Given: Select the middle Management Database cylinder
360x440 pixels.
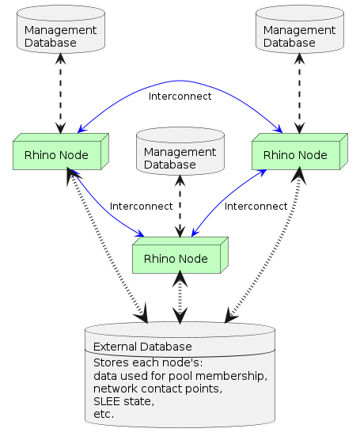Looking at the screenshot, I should point(180,152).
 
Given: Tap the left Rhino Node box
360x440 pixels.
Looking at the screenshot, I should point(57,154).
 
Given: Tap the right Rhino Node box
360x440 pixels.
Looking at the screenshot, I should point(295,154).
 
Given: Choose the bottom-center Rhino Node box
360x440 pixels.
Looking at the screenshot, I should point(176,259).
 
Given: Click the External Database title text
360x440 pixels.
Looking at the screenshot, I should point(142,347).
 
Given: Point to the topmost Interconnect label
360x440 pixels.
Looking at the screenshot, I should point(180,97).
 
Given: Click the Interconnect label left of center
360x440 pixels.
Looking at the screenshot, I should point(141,207).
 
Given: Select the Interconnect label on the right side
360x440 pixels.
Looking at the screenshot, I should point(256,207).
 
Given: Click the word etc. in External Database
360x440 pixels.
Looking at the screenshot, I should point(104,414).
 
